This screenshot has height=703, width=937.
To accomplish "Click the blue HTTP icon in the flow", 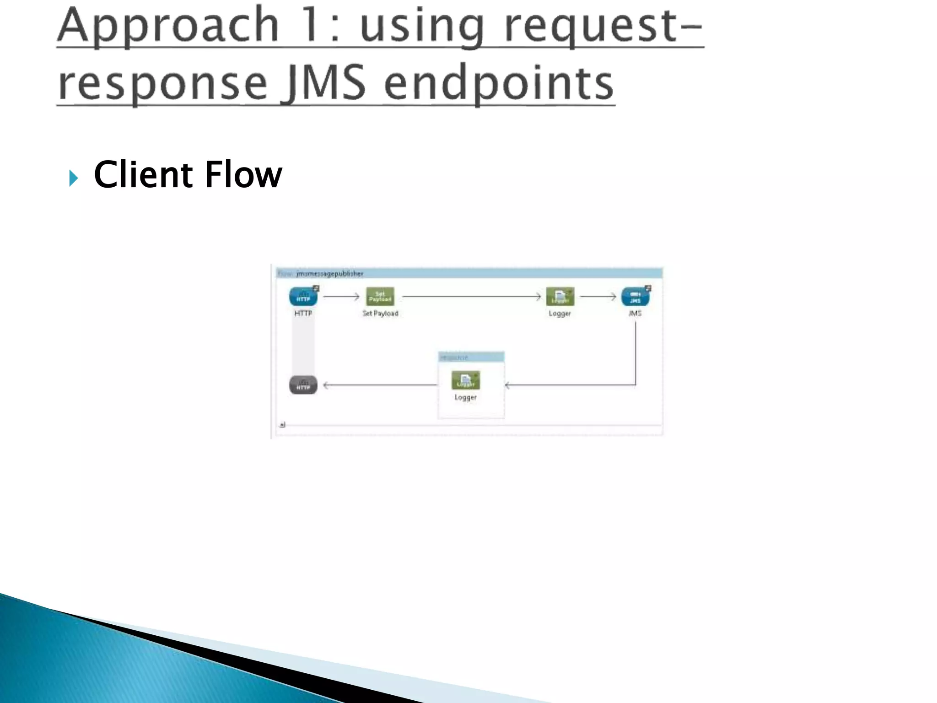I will pyautogui.click(x=303, y=297).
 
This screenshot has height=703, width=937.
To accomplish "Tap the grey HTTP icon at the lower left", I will pyautogui.click(x=303, y=385).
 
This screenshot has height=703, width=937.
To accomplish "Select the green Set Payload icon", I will pyautogui.click(x=380, y=297).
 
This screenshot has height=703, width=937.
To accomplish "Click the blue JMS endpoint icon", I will pyautogui.click(x=635, y=297).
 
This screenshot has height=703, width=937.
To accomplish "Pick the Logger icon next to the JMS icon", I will pyautogui.click(x=560, y=297).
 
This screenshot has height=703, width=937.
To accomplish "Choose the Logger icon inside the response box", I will pyautogui.click(x=465, y=380).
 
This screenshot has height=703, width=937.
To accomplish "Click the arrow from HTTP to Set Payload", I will pyautogui.click(x=341, y=297).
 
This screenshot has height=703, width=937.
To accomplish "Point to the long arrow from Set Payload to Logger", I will pyautogui.click(x=471, y=297).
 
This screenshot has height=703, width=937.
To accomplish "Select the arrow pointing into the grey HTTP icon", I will pyautogui.click(x=380, y=385).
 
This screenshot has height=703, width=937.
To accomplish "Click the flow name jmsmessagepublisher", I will pyautogui.click(x=329, y=274).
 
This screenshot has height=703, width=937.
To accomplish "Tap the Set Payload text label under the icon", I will pyautogui.click(x=380, y=314).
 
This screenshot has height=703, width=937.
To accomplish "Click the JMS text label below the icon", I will pyautogui.click(x=635, y=314).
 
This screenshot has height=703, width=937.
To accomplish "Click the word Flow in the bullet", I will pyautogui.click(x=243, y=175).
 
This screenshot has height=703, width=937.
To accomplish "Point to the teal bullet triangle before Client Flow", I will pyautogui.click(x=73, y=178).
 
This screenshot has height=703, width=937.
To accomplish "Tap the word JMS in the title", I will pyautogui.click(x=324, y=83).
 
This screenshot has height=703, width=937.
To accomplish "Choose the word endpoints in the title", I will pyautogui.click(x=499, y=83).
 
